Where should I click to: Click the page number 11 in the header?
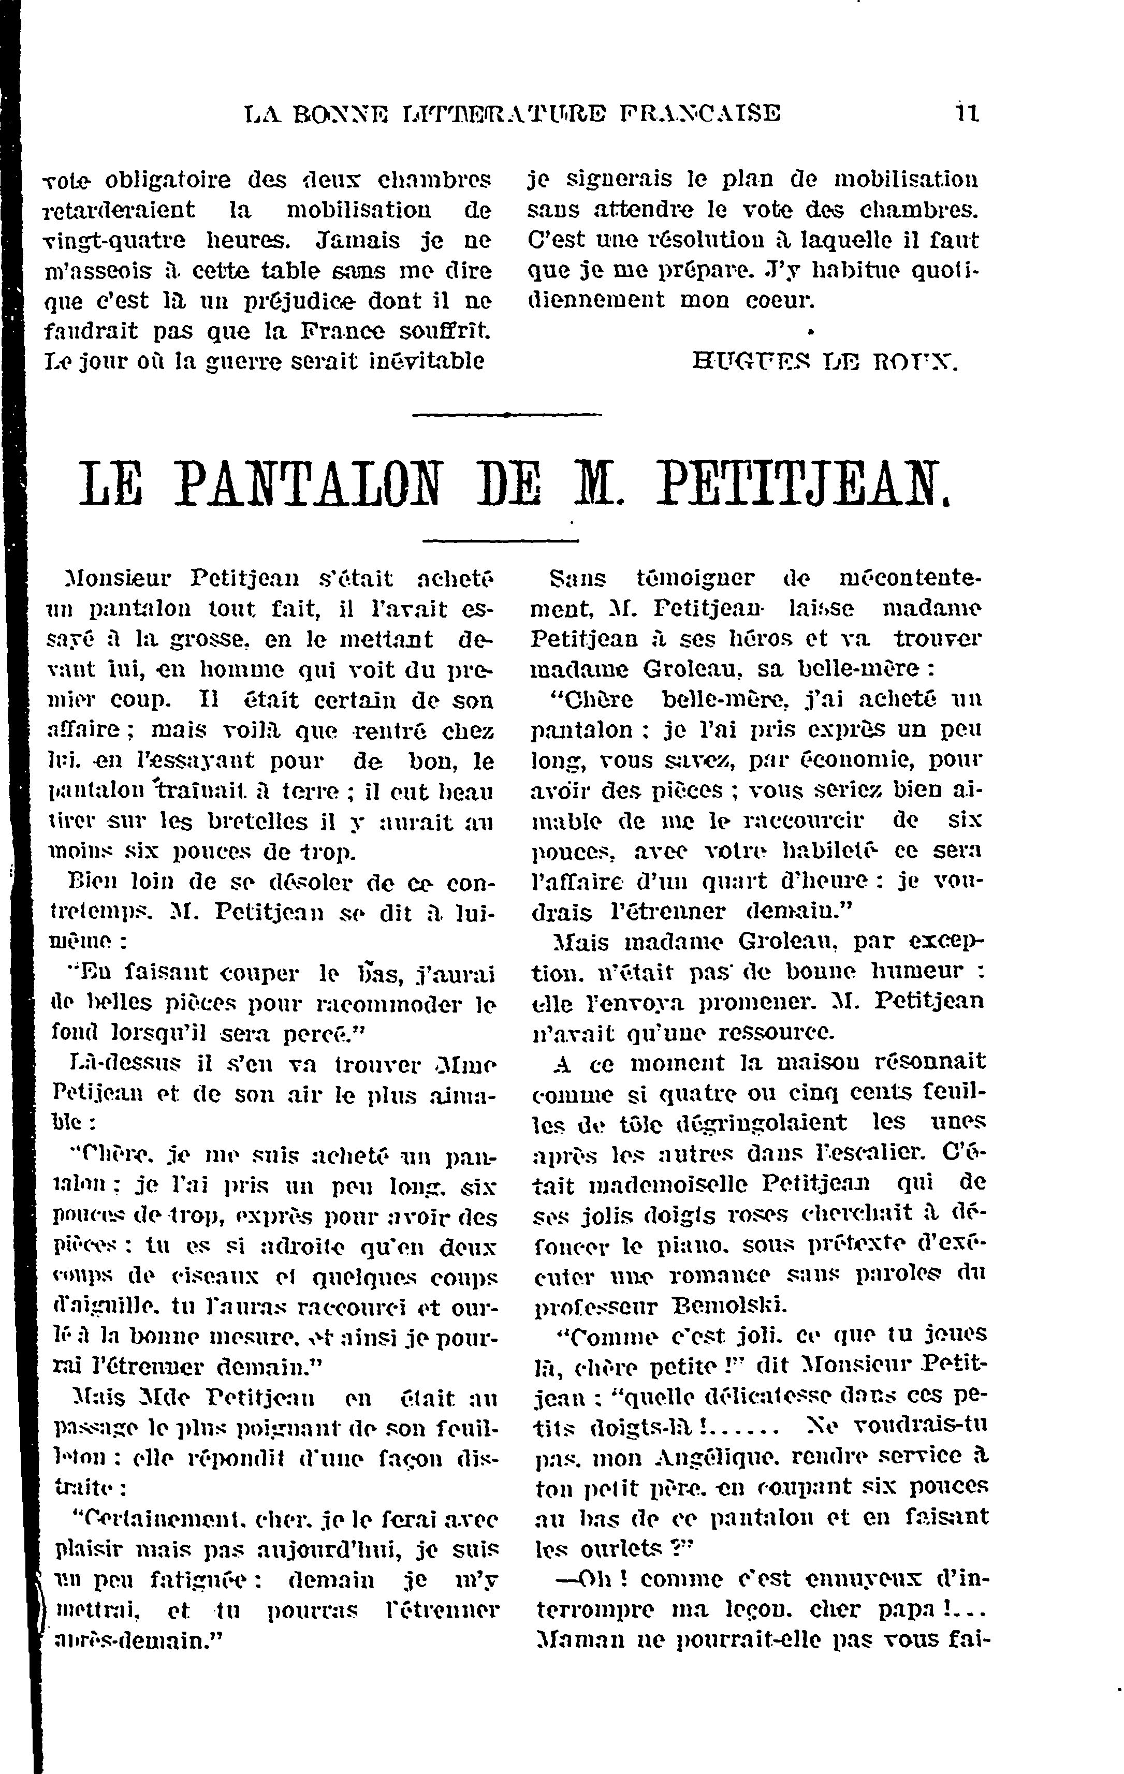966,113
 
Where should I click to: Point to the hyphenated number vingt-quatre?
117,241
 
